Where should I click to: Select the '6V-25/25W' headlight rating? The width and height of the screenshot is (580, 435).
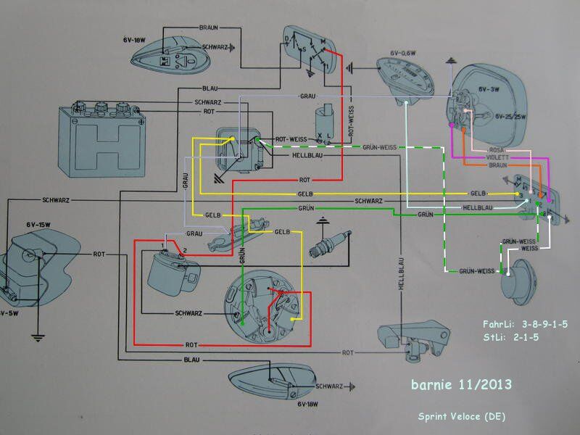[x=513, y=116]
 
